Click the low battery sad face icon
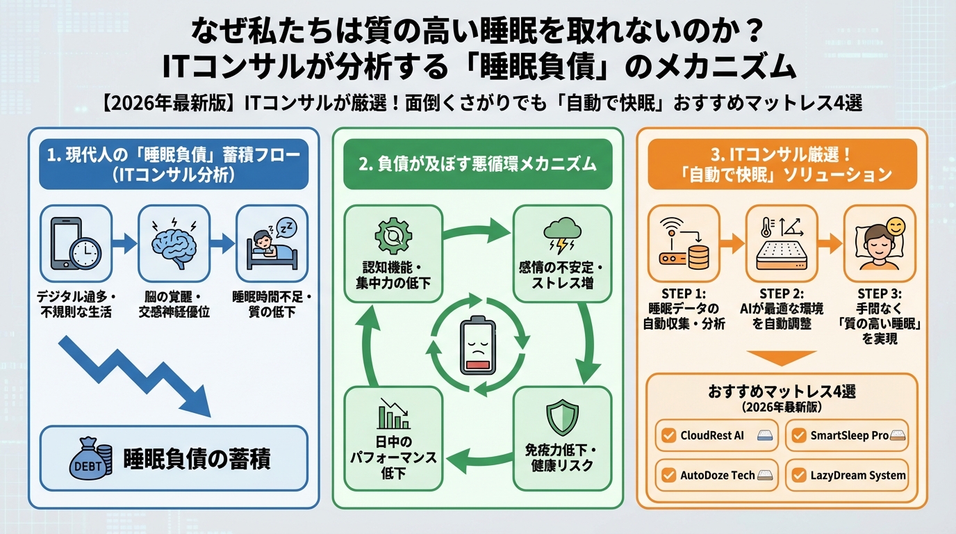[477, 348]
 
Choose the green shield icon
[562, 417]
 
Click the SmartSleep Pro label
[849, 435]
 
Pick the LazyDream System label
[858, 476]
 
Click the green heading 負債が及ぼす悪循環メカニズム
[477, 164]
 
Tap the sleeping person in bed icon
[270, 241]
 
